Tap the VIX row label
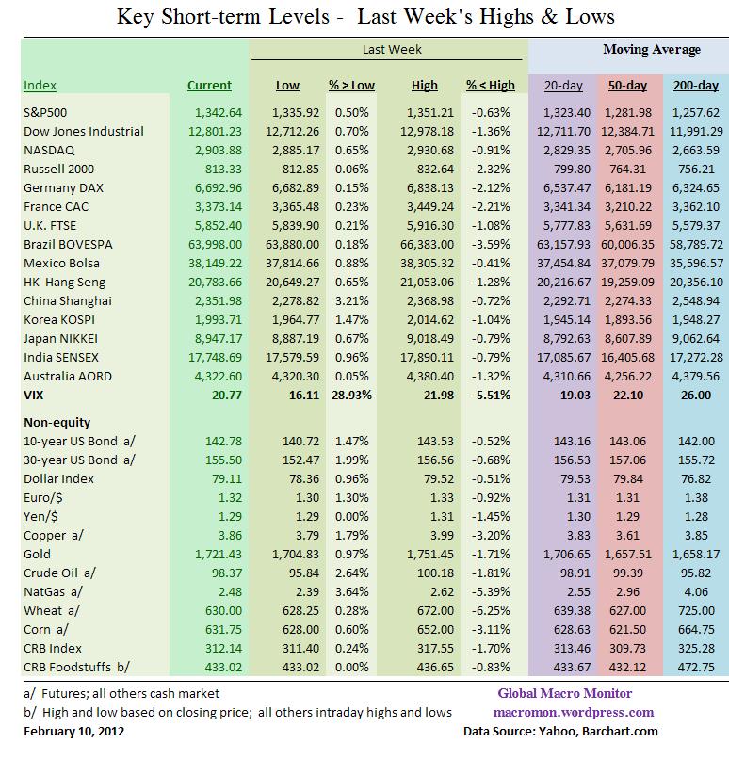pyautogui.click(x=33, y=396)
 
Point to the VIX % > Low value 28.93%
pyautogui.click(x=351, y=396)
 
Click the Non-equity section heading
pyautogui.click(x=57, y=423)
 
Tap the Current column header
pyautogui.click(x=209, y=85)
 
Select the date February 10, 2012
pyautogui.click(x=73, y=731)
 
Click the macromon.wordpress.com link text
pyautogui.click(x=576, y=712)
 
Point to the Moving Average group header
pyautogui.click(x=652, y=49)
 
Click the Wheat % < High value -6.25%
pyautogui.click(x=493, y=611)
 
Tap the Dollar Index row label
pyautogui.click(x=58, y=479)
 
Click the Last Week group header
pyautogui.click(x=392, y=49)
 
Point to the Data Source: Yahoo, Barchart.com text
pyautogui.click(x=560, y=731)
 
